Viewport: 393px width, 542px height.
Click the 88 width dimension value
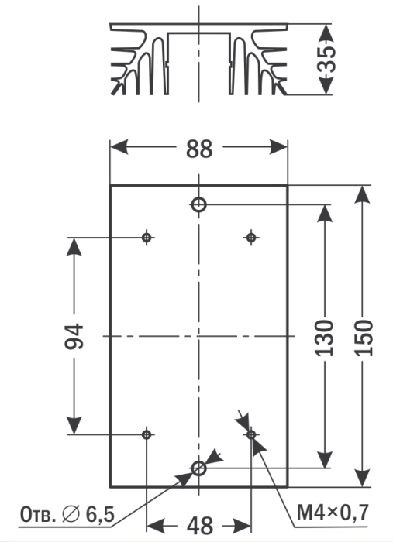coord(199,149)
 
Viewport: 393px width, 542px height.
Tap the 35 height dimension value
coord(326,59)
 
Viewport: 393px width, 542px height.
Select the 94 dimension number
coord(74,336)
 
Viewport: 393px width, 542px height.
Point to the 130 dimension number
coord(324,338)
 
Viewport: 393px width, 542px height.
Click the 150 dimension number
coord(364,338)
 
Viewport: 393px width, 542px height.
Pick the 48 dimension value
coord(200,526)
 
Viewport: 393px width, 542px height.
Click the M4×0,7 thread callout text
coord(333,513)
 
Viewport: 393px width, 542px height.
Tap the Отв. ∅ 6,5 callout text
coord(67,514)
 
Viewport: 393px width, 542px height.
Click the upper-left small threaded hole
coord(147,238)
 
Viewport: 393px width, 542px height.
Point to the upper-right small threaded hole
coord(251,238)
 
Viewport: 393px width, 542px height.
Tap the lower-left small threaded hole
coord(147,434)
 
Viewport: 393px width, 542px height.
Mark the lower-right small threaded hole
coord(251,434)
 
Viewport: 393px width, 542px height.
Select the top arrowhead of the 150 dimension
coord(363,194)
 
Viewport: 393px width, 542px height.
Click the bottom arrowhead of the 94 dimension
coord(74,425)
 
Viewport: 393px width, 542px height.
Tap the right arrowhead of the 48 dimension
coord(242,526)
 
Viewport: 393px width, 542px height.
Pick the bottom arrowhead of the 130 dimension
coord(325,460)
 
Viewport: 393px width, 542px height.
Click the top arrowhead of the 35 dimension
coord(326,33)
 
